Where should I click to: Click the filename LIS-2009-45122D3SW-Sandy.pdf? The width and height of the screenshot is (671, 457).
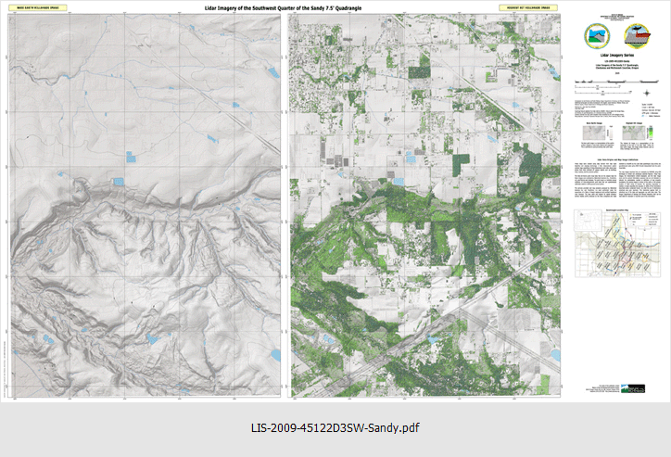click(x=335, y=429)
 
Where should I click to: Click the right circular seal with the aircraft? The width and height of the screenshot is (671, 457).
click(x=639, y=37)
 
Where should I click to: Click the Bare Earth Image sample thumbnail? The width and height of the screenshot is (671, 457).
click(x=591, y=159)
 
